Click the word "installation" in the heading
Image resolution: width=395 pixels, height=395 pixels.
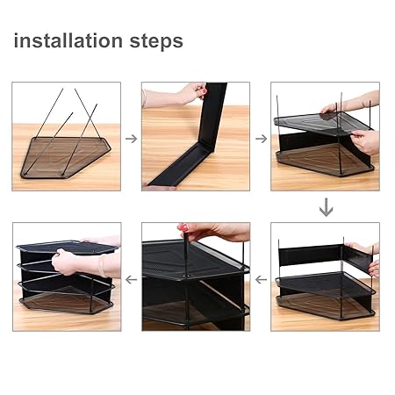[x=68, y=40]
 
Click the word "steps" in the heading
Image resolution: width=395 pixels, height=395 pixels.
[x=156, y=41]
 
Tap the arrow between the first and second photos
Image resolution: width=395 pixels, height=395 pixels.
[x=132, y=139]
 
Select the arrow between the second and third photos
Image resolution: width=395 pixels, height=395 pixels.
[x=262, y=139]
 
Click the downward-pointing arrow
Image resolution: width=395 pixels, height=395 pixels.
[x=326, y=207]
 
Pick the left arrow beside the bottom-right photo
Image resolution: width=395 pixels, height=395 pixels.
[x=261, y=280]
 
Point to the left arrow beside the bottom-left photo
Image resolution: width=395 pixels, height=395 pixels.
[x=131, y=280]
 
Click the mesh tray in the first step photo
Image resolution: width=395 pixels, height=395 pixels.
[x=66, y=157]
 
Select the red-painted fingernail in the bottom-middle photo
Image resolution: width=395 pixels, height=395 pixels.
[x=183, y=227]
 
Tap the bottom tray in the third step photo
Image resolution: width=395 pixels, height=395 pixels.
[x=325, y=161]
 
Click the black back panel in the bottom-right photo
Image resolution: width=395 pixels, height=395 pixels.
[x=310, y=256]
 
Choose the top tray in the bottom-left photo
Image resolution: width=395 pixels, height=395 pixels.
[x=68, y=248]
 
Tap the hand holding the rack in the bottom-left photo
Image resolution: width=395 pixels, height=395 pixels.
[x=65, y=262]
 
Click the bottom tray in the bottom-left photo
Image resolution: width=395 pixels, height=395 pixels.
[x=67, y=301]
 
